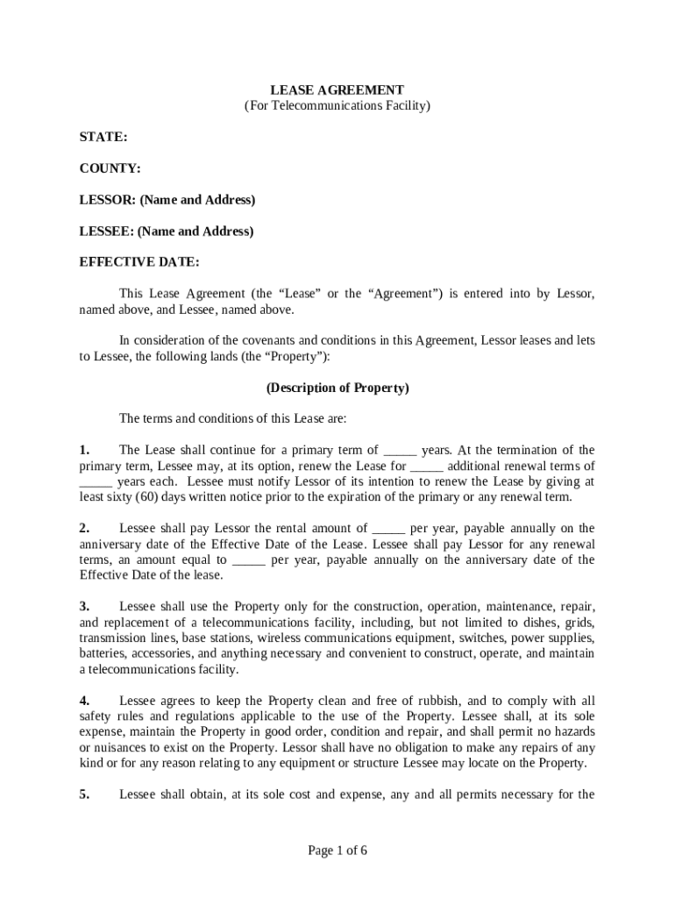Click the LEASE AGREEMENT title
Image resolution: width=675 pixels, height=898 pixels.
(337, 90)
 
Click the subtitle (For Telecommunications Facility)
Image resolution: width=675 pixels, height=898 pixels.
(337, 106)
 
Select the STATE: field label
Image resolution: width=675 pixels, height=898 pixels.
(103, 138)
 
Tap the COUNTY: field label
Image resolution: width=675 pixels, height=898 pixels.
(110, 168)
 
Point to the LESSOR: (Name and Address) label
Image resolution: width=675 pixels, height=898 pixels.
(167, 200)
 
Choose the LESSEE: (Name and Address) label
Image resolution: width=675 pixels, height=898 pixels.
(167, 232)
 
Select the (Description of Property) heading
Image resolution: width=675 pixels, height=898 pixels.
(337, 388)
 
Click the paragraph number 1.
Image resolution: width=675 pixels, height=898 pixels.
(85, 451)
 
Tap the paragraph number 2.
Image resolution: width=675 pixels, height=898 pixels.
(85, 529)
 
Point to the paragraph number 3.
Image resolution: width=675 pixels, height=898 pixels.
(85, 607)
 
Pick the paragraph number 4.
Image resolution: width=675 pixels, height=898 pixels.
(85, 702)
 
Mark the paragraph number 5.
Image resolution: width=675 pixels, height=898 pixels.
(85, 795)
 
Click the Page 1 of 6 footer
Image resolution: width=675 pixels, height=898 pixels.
(337, 851)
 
